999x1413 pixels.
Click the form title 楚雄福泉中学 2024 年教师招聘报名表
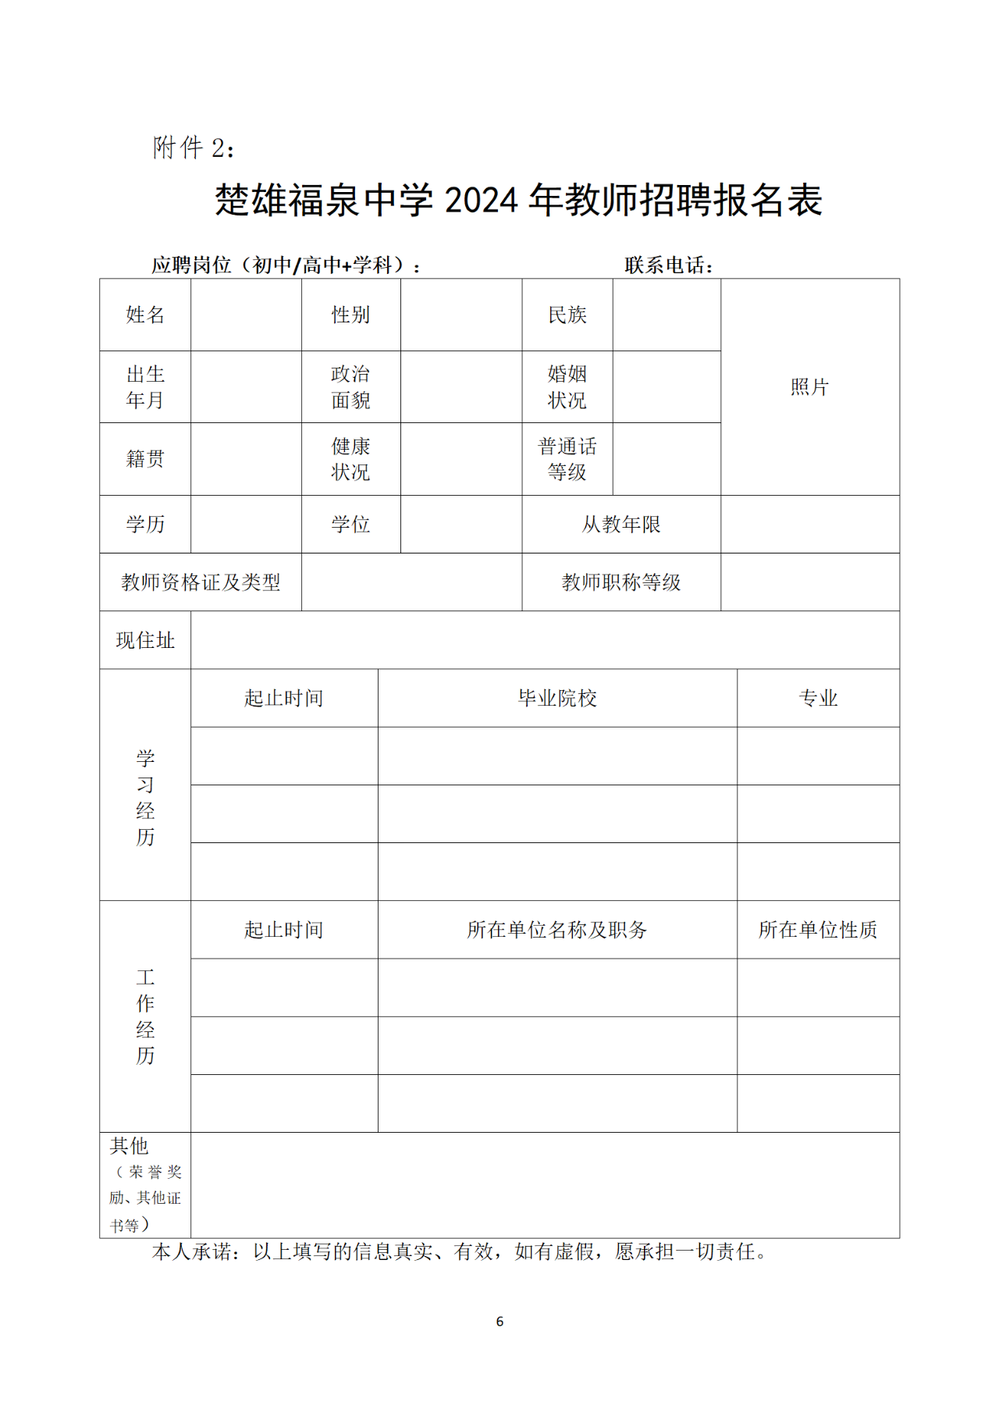518,201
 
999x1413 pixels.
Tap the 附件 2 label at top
194,148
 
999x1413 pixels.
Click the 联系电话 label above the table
668,265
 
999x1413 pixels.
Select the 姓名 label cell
145,315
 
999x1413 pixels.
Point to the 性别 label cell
350,315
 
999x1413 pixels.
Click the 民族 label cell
567,315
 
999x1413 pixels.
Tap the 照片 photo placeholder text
809,387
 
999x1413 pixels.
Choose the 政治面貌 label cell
350,387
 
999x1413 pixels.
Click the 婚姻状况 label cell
567,387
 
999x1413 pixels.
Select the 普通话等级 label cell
567,459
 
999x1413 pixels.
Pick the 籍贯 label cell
145,459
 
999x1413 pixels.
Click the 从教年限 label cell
621,525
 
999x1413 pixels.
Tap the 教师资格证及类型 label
201,582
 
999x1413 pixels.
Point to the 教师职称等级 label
621,582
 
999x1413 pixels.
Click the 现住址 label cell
145,640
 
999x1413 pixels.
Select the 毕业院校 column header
557,698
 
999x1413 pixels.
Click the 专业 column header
818,698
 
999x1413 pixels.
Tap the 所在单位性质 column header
818,930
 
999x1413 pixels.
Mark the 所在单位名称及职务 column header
557,930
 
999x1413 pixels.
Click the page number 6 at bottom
499,1322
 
